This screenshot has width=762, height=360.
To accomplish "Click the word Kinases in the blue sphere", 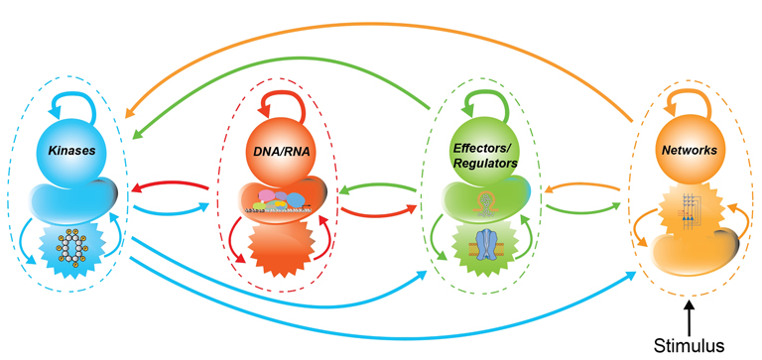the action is pos(78,151).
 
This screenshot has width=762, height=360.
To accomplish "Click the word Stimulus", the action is pos(689,345).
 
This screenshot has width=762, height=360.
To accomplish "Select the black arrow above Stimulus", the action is pos(690,318).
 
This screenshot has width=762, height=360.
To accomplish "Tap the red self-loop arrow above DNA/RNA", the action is pos(285,104).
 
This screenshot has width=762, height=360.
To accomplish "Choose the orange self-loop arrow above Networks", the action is pos(692,101).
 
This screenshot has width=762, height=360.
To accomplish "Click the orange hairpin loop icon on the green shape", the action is pos(484,201).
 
